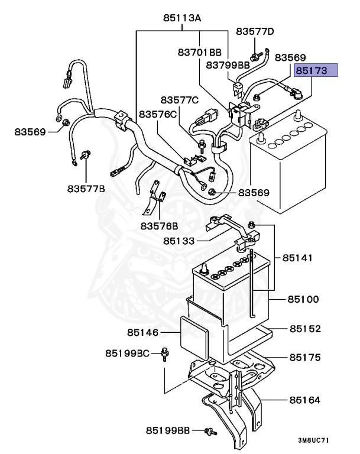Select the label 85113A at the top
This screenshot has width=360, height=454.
pos(182,19)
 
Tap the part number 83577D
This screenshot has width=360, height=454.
pos(255,31)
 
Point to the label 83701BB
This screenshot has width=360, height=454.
pos(199,53)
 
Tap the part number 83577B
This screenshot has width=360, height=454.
pos(86,189)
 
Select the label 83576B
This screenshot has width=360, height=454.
pos(159,225)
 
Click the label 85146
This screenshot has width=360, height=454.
pos(143,333)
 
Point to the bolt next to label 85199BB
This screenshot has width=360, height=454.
pos(209,431)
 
